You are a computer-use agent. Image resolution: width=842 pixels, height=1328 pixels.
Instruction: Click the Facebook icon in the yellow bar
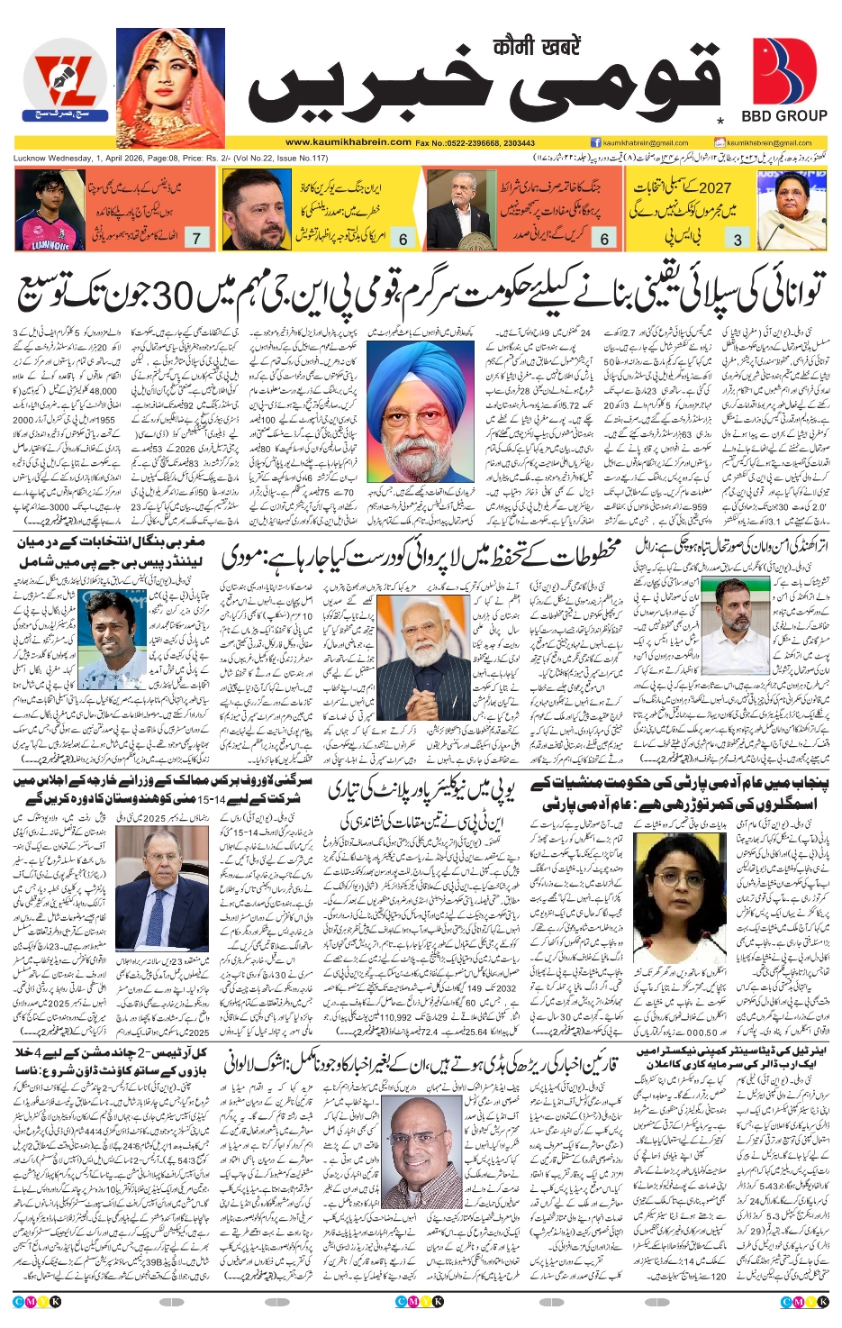(595, 142)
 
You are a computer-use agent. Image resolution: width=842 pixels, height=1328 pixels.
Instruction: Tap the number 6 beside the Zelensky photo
(403, 239)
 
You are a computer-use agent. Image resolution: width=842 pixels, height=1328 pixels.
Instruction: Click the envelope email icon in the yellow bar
(720, 142)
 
